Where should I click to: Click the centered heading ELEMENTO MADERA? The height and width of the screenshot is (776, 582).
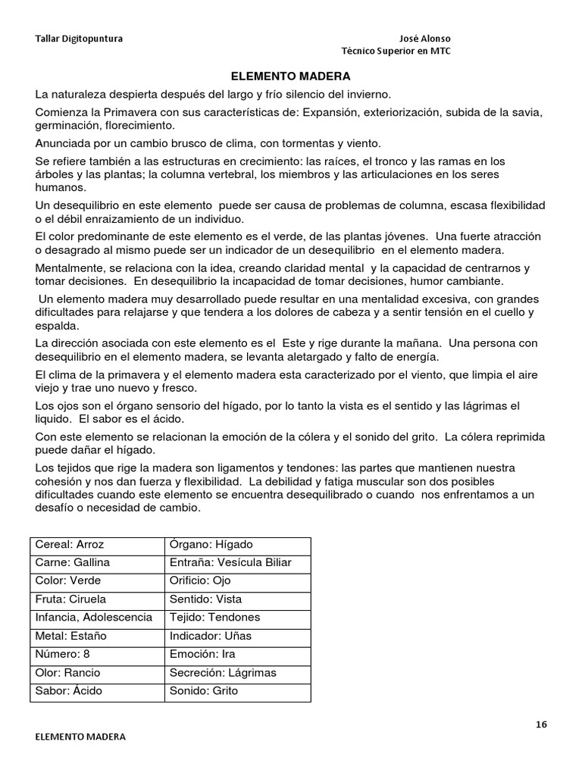(x=290, y=77)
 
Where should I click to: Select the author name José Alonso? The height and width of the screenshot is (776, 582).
(x=428, y=39)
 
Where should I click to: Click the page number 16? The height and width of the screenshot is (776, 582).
(x=540, y=724)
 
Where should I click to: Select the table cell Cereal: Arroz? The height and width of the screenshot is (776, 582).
(x=69, y=545)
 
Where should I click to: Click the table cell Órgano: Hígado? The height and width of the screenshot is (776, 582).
(x=211, y=545)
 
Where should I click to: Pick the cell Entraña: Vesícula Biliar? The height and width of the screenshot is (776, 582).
(x=230, y=563)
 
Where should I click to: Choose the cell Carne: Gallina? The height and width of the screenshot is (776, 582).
(x=73, y=563)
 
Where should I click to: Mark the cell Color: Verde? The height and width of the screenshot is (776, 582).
(x=68, y=581)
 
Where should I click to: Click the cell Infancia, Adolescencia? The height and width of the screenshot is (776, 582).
(x=94, y=618)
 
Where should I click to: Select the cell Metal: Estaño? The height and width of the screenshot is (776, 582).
(x=72, y=636)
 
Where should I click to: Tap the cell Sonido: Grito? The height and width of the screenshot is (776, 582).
(x=205, y=690)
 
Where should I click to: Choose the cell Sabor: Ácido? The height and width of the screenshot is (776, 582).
(x=69, y=690)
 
